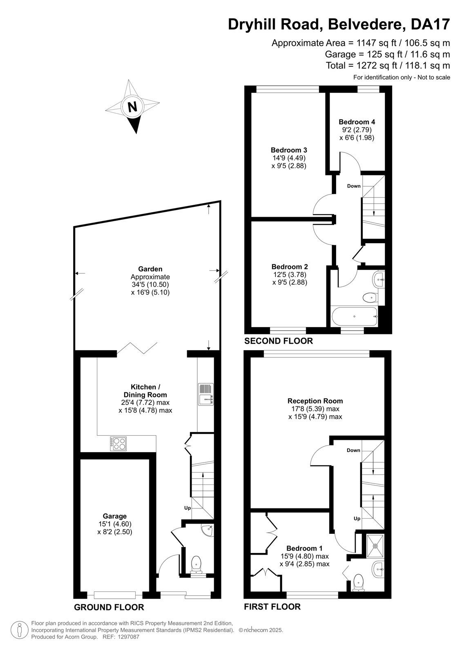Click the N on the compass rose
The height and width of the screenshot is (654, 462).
click(x=132, y=107)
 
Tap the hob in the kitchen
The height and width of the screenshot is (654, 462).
click(x=118, y=444)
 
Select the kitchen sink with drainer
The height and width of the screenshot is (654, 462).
click(x=206, y=394)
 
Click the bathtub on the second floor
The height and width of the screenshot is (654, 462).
click(x=355, y=316)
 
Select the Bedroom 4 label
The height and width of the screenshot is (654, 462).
click(x=357, y=122)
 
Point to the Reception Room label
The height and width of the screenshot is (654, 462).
click(x=315, y=401)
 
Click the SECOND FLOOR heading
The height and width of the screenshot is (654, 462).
click(x=279, y=341)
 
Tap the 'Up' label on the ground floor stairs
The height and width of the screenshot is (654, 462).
click(x=187, y=508)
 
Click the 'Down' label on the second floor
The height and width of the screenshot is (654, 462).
click(x=354, y=186)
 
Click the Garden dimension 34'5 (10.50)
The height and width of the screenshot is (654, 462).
click(x=150, y=284)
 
